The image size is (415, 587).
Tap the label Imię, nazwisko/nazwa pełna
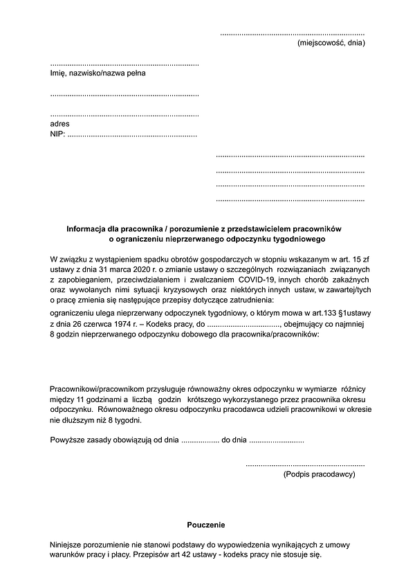click(x=98, y=73)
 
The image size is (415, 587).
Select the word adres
click(x=60, y=124)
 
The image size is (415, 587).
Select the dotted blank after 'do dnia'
click(x=276, y=440)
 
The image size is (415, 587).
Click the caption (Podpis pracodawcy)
click(x=319, y=475)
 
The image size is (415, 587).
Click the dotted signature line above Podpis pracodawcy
click(x=305, y=464)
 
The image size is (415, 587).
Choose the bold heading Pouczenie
click(x=206, y=525)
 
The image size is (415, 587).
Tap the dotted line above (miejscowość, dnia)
click(x=292, y=33)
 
